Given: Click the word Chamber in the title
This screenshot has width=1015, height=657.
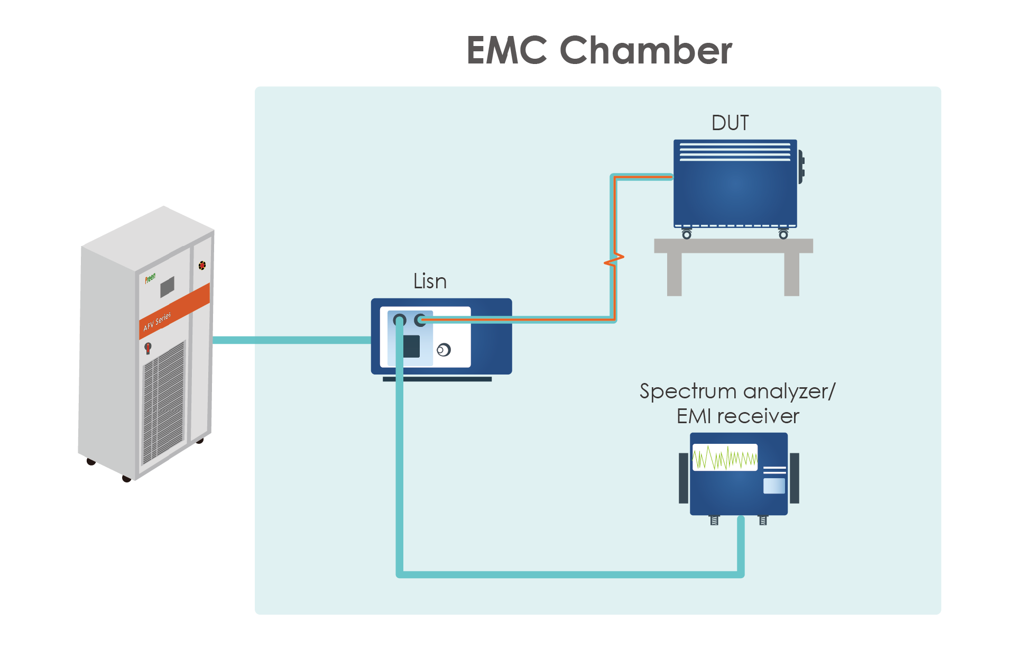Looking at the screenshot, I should coord(645,51).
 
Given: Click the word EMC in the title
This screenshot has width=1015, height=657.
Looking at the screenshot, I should coord(506,51).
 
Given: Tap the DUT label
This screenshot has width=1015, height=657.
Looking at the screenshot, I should coord(730,123).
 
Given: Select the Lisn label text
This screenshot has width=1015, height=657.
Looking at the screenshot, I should coord(430,281).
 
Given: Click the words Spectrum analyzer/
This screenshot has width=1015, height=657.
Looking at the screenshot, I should coord(737,391).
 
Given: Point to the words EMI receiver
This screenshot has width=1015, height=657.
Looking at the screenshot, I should coord(737,416).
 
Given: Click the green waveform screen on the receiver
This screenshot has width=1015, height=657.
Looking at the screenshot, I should coord(725,458).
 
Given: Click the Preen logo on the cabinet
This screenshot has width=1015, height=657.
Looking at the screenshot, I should coord(150,278).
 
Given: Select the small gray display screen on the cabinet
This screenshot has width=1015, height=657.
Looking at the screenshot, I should coord(167,287).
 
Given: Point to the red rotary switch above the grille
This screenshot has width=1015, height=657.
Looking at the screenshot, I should coord(148,348).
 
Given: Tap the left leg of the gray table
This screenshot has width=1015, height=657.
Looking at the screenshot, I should coord(674,274).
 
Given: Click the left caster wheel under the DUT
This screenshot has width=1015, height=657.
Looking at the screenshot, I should coord(686,234).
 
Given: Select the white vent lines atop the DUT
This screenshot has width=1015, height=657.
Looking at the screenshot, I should coord(735,151).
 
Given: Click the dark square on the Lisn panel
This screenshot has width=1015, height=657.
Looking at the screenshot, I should coord(411,346).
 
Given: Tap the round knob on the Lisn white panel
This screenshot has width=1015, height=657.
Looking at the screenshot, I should coord(444,350).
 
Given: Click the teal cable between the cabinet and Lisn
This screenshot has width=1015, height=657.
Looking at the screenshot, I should coord(291,340).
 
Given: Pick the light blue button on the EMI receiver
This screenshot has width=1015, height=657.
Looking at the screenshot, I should coord(774,486).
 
